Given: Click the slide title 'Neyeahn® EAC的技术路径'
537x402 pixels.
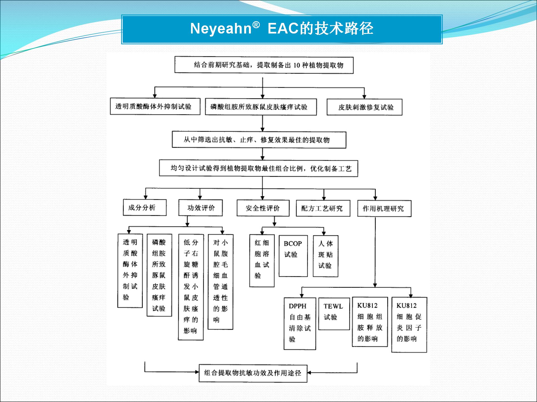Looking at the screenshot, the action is point(282,29).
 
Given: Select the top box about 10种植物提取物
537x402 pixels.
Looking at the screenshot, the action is point(264,65).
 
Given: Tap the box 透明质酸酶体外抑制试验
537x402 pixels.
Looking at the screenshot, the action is point(155,106).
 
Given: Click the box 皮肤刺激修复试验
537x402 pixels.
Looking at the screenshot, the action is point(364,107).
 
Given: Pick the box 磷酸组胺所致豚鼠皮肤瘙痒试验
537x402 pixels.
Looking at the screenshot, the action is point(261,107).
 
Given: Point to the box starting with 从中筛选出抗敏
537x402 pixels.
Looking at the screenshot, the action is point(259,140).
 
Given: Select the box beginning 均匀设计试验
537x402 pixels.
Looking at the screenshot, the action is point(258,168).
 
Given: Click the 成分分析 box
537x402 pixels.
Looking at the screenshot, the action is point(145,207).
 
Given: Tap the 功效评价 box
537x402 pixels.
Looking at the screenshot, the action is point(201,208).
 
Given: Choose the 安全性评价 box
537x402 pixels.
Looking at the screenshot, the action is point(263,208).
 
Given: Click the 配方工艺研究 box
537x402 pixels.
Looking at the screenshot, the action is point(323,208).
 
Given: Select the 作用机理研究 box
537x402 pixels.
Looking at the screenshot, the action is point(384,209).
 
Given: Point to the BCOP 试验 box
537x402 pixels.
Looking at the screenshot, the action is point(293,256).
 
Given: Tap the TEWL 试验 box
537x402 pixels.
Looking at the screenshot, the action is point(334,314).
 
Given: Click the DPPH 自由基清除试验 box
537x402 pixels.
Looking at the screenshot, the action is point(300,324).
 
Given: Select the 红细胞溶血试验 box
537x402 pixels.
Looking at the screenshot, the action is point(262,261).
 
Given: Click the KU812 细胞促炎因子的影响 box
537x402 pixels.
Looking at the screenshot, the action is point(409,325).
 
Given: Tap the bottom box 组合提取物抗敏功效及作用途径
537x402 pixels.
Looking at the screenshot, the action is point(253,373).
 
